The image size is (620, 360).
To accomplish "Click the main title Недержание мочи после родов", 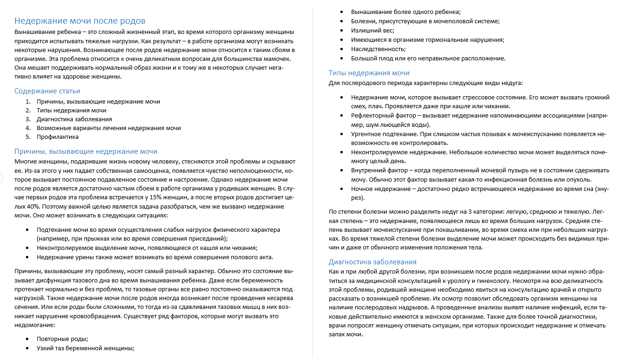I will pos(80,21).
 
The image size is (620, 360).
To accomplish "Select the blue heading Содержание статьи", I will pos(47,91).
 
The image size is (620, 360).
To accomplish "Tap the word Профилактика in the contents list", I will pos(58,137).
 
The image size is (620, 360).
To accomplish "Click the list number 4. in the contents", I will pos(28,128).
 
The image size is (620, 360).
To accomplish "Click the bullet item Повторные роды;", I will pos(62,339).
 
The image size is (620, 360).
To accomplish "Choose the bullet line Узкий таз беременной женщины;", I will pos(85,348).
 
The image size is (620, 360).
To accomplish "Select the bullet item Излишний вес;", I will pos(372,30).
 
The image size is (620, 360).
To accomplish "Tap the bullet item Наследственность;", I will pos(378,49).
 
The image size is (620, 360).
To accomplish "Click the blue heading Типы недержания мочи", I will pos(369,73).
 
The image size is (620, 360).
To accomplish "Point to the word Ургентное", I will pos(367,134).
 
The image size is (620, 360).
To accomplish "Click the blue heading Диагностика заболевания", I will pos(372,262).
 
